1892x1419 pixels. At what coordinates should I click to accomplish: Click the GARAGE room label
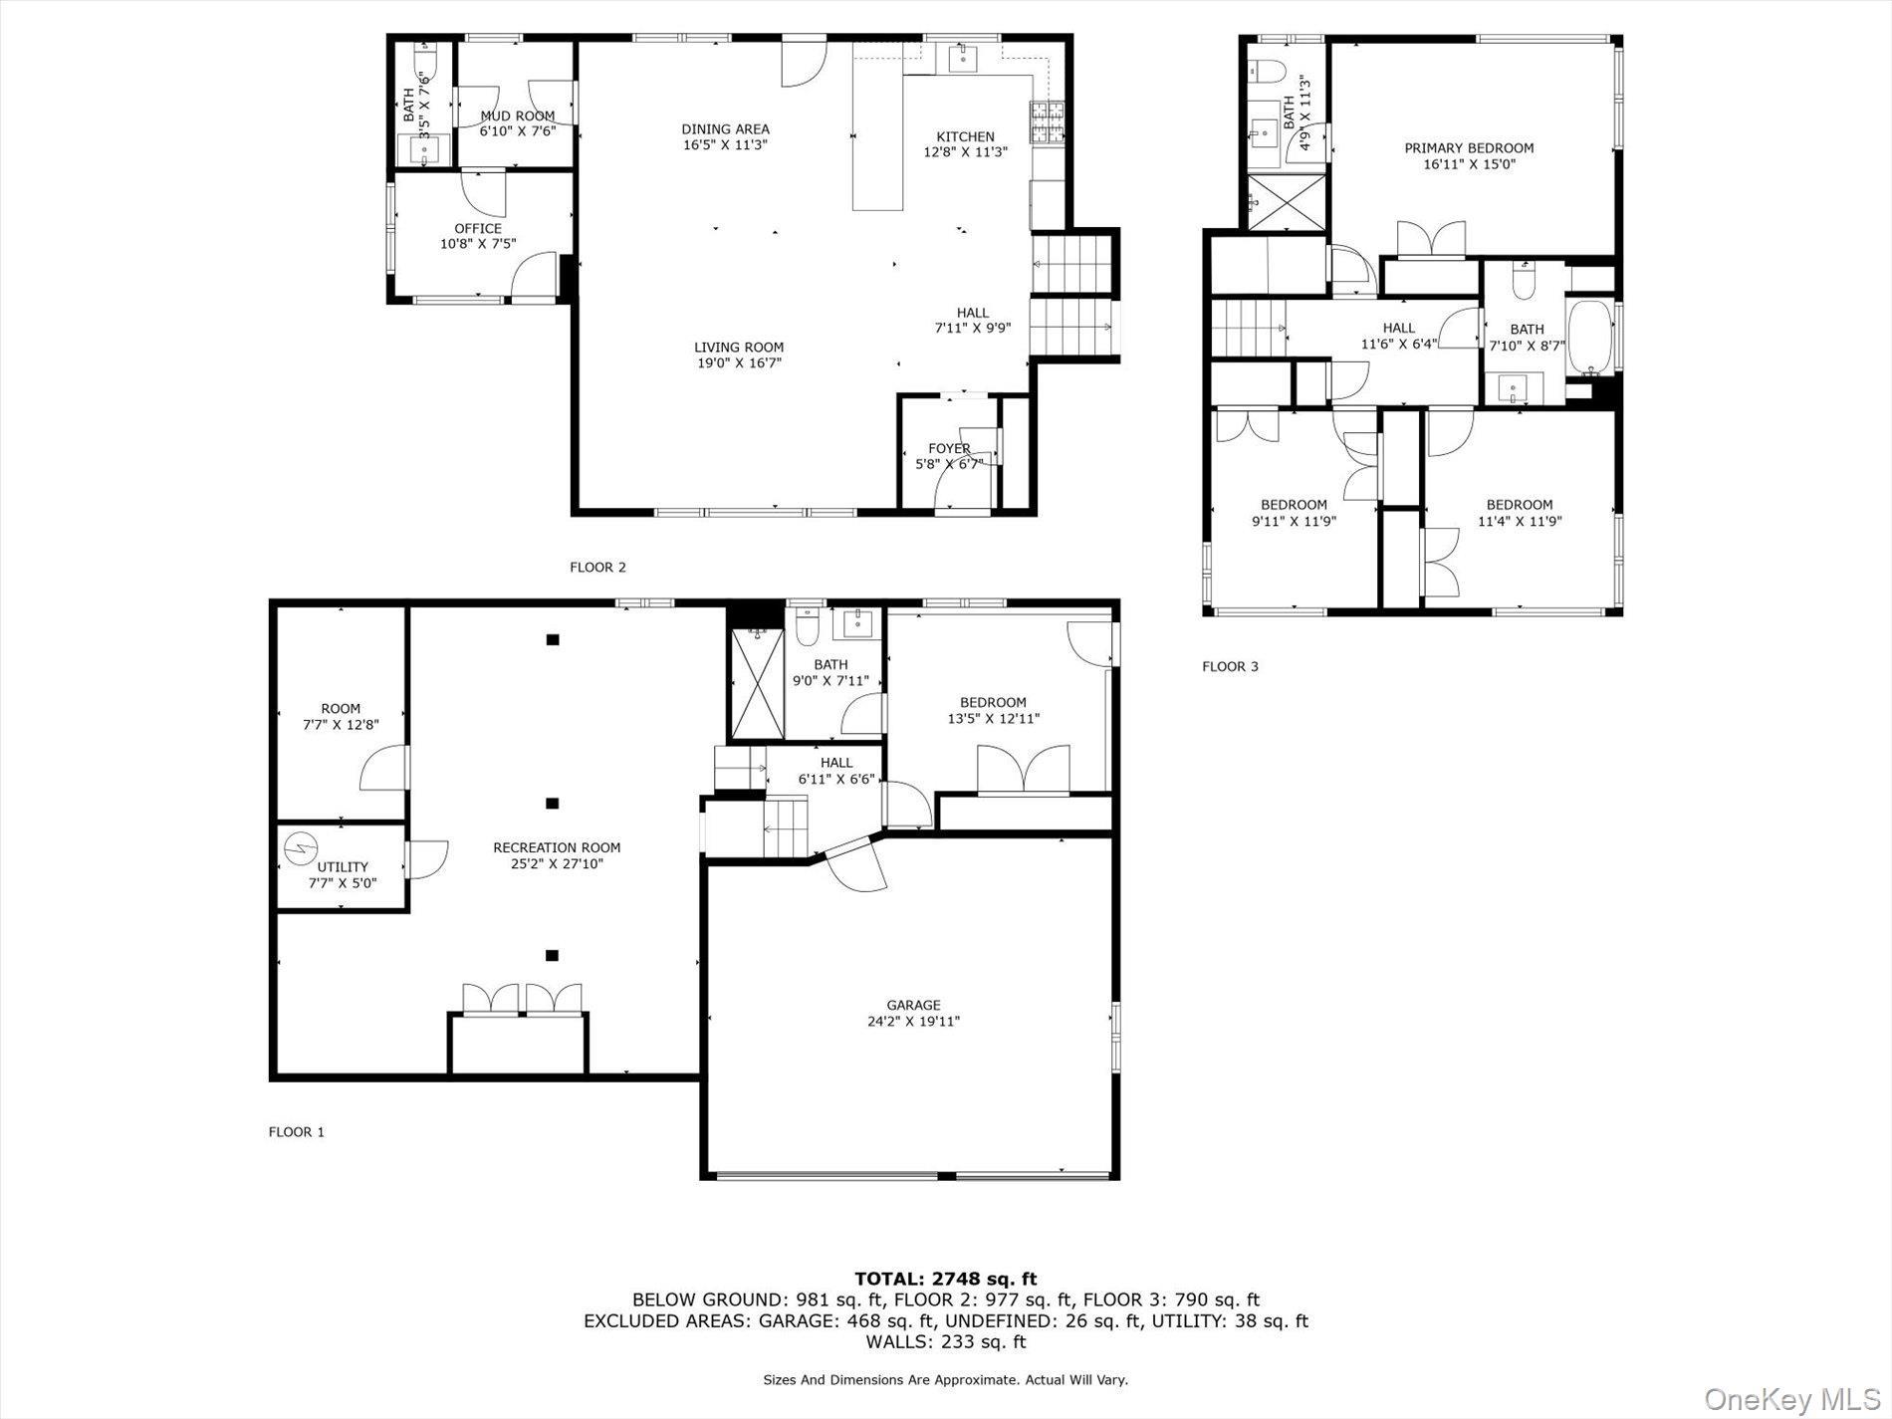point(913,1005)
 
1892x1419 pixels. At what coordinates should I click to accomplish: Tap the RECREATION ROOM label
point(557,847)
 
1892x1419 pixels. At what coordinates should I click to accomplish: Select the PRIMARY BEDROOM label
point(1469,148)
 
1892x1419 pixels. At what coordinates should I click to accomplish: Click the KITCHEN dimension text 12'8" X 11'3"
point(965,152)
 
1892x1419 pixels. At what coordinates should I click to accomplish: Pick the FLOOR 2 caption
point(597,568)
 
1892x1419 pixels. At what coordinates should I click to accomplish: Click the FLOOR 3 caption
point(1230,666)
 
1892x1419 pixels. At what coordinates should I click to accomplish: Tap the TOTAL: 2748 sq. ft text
point(945,1279)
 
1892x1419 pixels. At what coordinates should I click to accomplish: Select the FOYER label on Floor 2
point(948,448)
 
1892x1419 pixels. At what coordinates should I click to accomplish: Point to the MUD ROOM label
point(517,116)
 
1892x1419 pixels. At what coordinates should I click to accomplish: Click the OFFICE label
point(478,228)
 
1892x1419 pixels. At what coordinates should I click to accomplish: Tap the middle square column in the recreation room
point(553,803)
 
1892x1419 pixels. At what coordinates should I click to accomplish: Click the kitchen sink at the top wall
point(963,59)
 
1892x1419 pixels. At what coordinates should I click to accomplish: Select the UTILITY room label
point(343,866)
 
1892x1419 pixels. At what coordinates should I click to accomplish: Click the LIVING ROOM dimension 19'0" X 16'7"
point(739,363)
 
